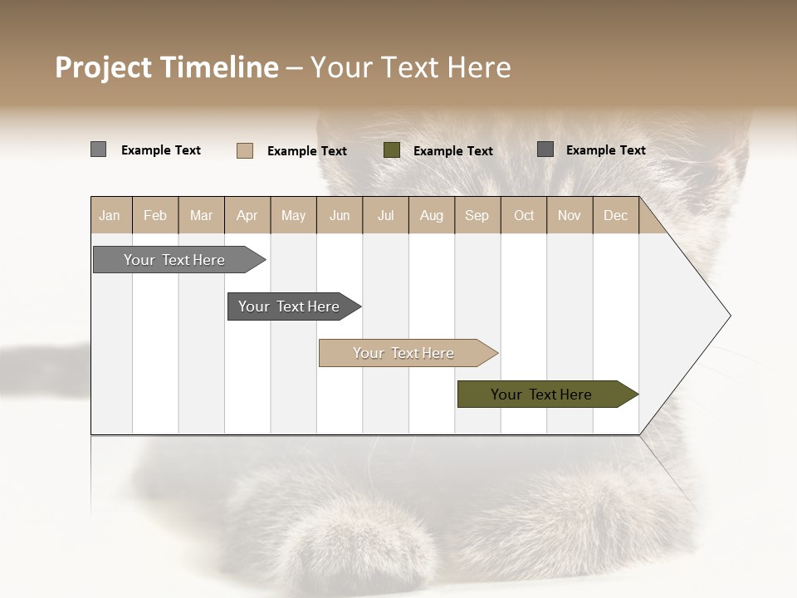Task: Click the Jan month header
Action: pos(110,215)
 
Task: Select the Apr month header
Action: pos(247,215)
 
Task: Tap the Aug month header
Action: pos(432,215)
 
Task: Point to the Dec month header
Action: pos(616,215)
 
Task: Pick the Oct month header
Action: pos(524,215)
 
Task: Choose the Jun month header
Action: pos(340,215)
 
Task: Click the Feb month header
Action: pos(155,215)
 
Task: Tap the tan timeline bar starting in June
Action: pos(404,353)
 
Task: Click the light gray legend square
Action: pos(98,149)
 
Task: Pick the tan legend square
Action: pos(244,150)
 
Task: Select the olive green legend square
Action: pos(392,150)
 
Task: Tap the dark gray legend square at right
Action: pos(545,149)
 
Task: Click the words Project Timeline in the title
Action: pos(166,67)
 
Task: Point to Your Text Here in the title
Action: pos(411,67)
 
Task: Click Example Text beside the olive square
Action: pos(453,151)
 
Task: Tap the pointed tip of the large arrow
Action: pos(728,316)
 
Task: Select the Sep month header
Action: pos(477,215)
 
